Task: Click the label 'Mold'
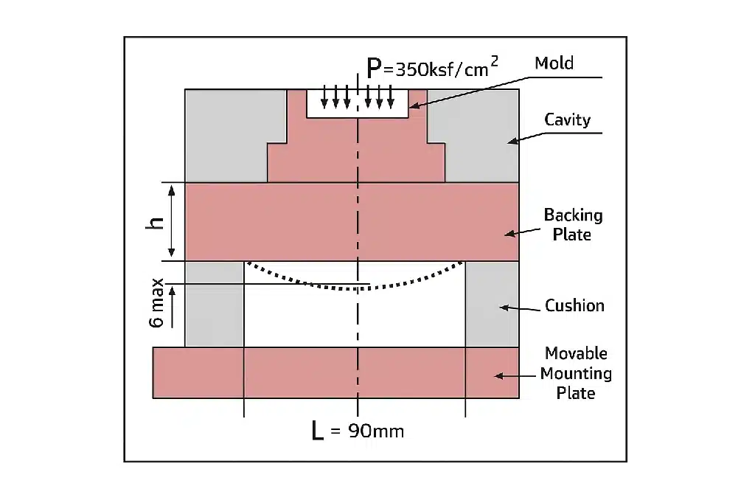(x=554, y=63)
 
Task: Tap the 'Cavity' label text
(x=567, y=119)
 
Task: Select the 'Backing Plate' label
(x=573, y=225)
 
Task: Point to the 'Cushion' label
(x=574, y=305)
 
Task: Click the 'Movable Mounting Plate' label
(x=576, y=373)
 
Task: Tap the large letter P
(x=375, y=69)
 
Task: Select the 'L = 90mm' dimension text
(x=358, y=431)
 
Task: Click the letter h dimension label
(x=154, y=221)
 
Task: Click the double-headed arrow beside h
(x=172, y=221)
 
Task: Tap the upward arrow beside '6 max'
(x=173, y=307)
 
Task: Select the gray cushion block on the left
(x=214, y=303)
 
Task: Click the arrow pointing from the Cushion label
(x=515, y=307)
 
